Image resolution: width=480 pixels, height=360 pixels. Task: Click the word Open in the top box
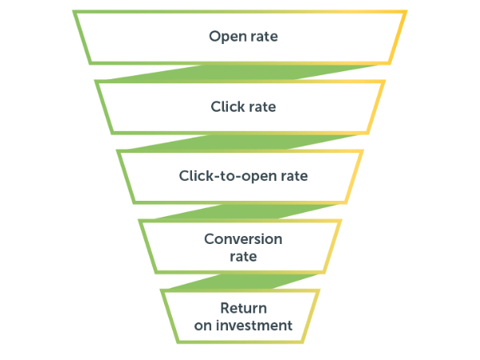pyautogui.click(x=228, y=37)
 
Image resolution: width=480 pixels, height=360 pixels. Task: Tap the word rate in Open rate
pyautogui.click(x=264, y=37)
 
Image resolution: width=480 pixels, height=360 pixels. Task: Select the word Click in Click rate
pyautogui.click(x=228, y=106)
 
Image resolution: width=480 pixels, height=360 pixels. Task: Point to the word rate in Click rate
pyautogui.click(x=262, y=107)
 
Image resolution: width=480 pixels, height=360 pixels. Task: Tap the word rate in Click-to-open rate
pyautogui.click(x=294, y=177)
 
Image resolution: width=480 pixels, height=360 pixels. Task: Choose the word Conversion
pyautogui.click(x=243, y=239)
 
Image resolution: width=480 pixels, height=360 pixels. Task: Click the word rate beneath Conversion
pyautogui.click(x=243, y=257)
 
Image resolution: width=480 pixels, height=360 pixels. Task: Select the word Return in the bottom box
pyautogui.click(x=243, y=308)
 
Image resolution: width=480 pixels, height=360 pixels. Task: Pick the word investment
pyautogui.click(x=254, y=326)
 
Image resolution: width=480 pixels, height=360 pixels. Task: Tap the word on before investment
pyautogui.click(x=203, y=326)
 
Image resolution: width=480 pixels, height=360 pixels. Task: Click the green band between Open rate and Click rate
pyautogui.click(x=242, y=73)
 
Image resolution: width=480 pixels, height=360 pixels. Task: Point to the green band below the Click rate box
pyautogui.click(x=242, y=142)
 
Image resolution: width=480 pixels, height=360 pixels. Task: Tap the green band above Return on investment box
pyautogui.click(x=242, y=282)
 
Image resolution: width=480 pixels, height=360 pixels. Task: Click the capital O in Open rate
pyautogui.click(x=215, y=36)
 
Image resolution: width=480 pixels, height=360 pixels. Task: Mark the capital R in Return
pyautogui.click(x=226, y=308)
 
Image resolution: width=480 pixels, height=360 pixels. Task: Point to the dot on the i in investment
pyautogui.click(x=218, y=320)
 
